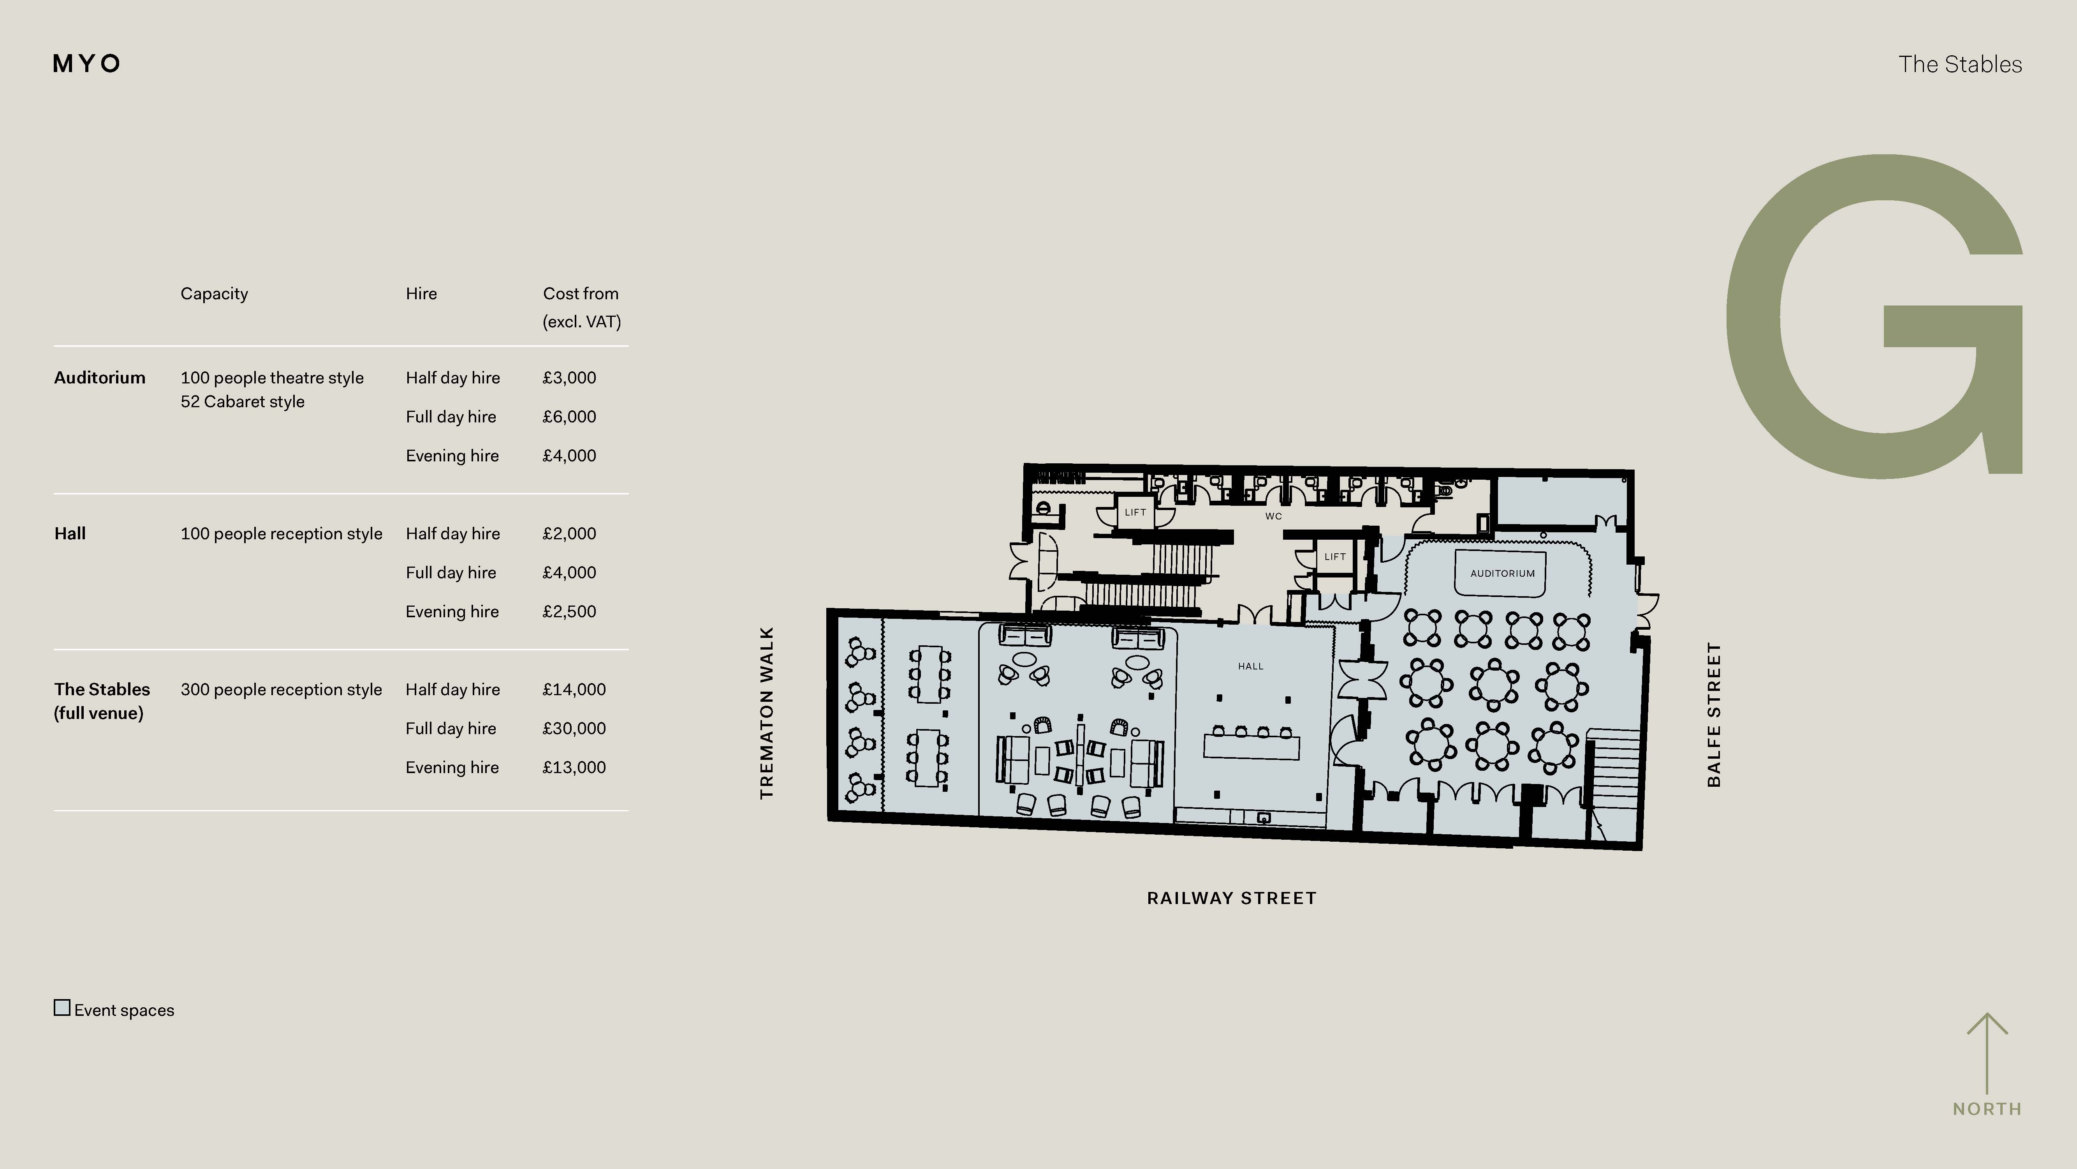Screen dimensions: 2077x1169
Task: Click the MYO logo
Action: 86,64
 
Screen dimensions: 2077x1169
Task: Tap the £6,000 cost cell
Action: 569,417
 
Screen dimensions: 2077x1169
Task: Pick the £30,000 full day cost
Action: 574,729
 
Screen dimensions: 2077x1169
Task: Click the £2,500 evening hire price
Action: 569,611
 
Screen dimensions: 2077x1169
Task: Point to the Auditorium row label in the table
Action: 100,378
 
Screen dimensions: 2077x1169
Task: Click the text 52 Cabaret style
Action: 243,402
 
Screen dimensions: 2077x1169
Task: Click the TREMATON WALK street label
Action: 767,713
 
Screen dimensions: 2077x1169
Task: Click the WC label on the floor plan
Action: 1273,516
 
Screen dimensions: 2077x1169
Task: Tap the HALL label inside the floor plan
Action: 1251,666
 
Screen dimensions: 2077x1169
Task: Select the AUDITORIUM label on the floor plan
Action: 1502,574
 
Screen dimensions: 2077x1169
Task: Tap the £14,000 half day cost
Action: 574,690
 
